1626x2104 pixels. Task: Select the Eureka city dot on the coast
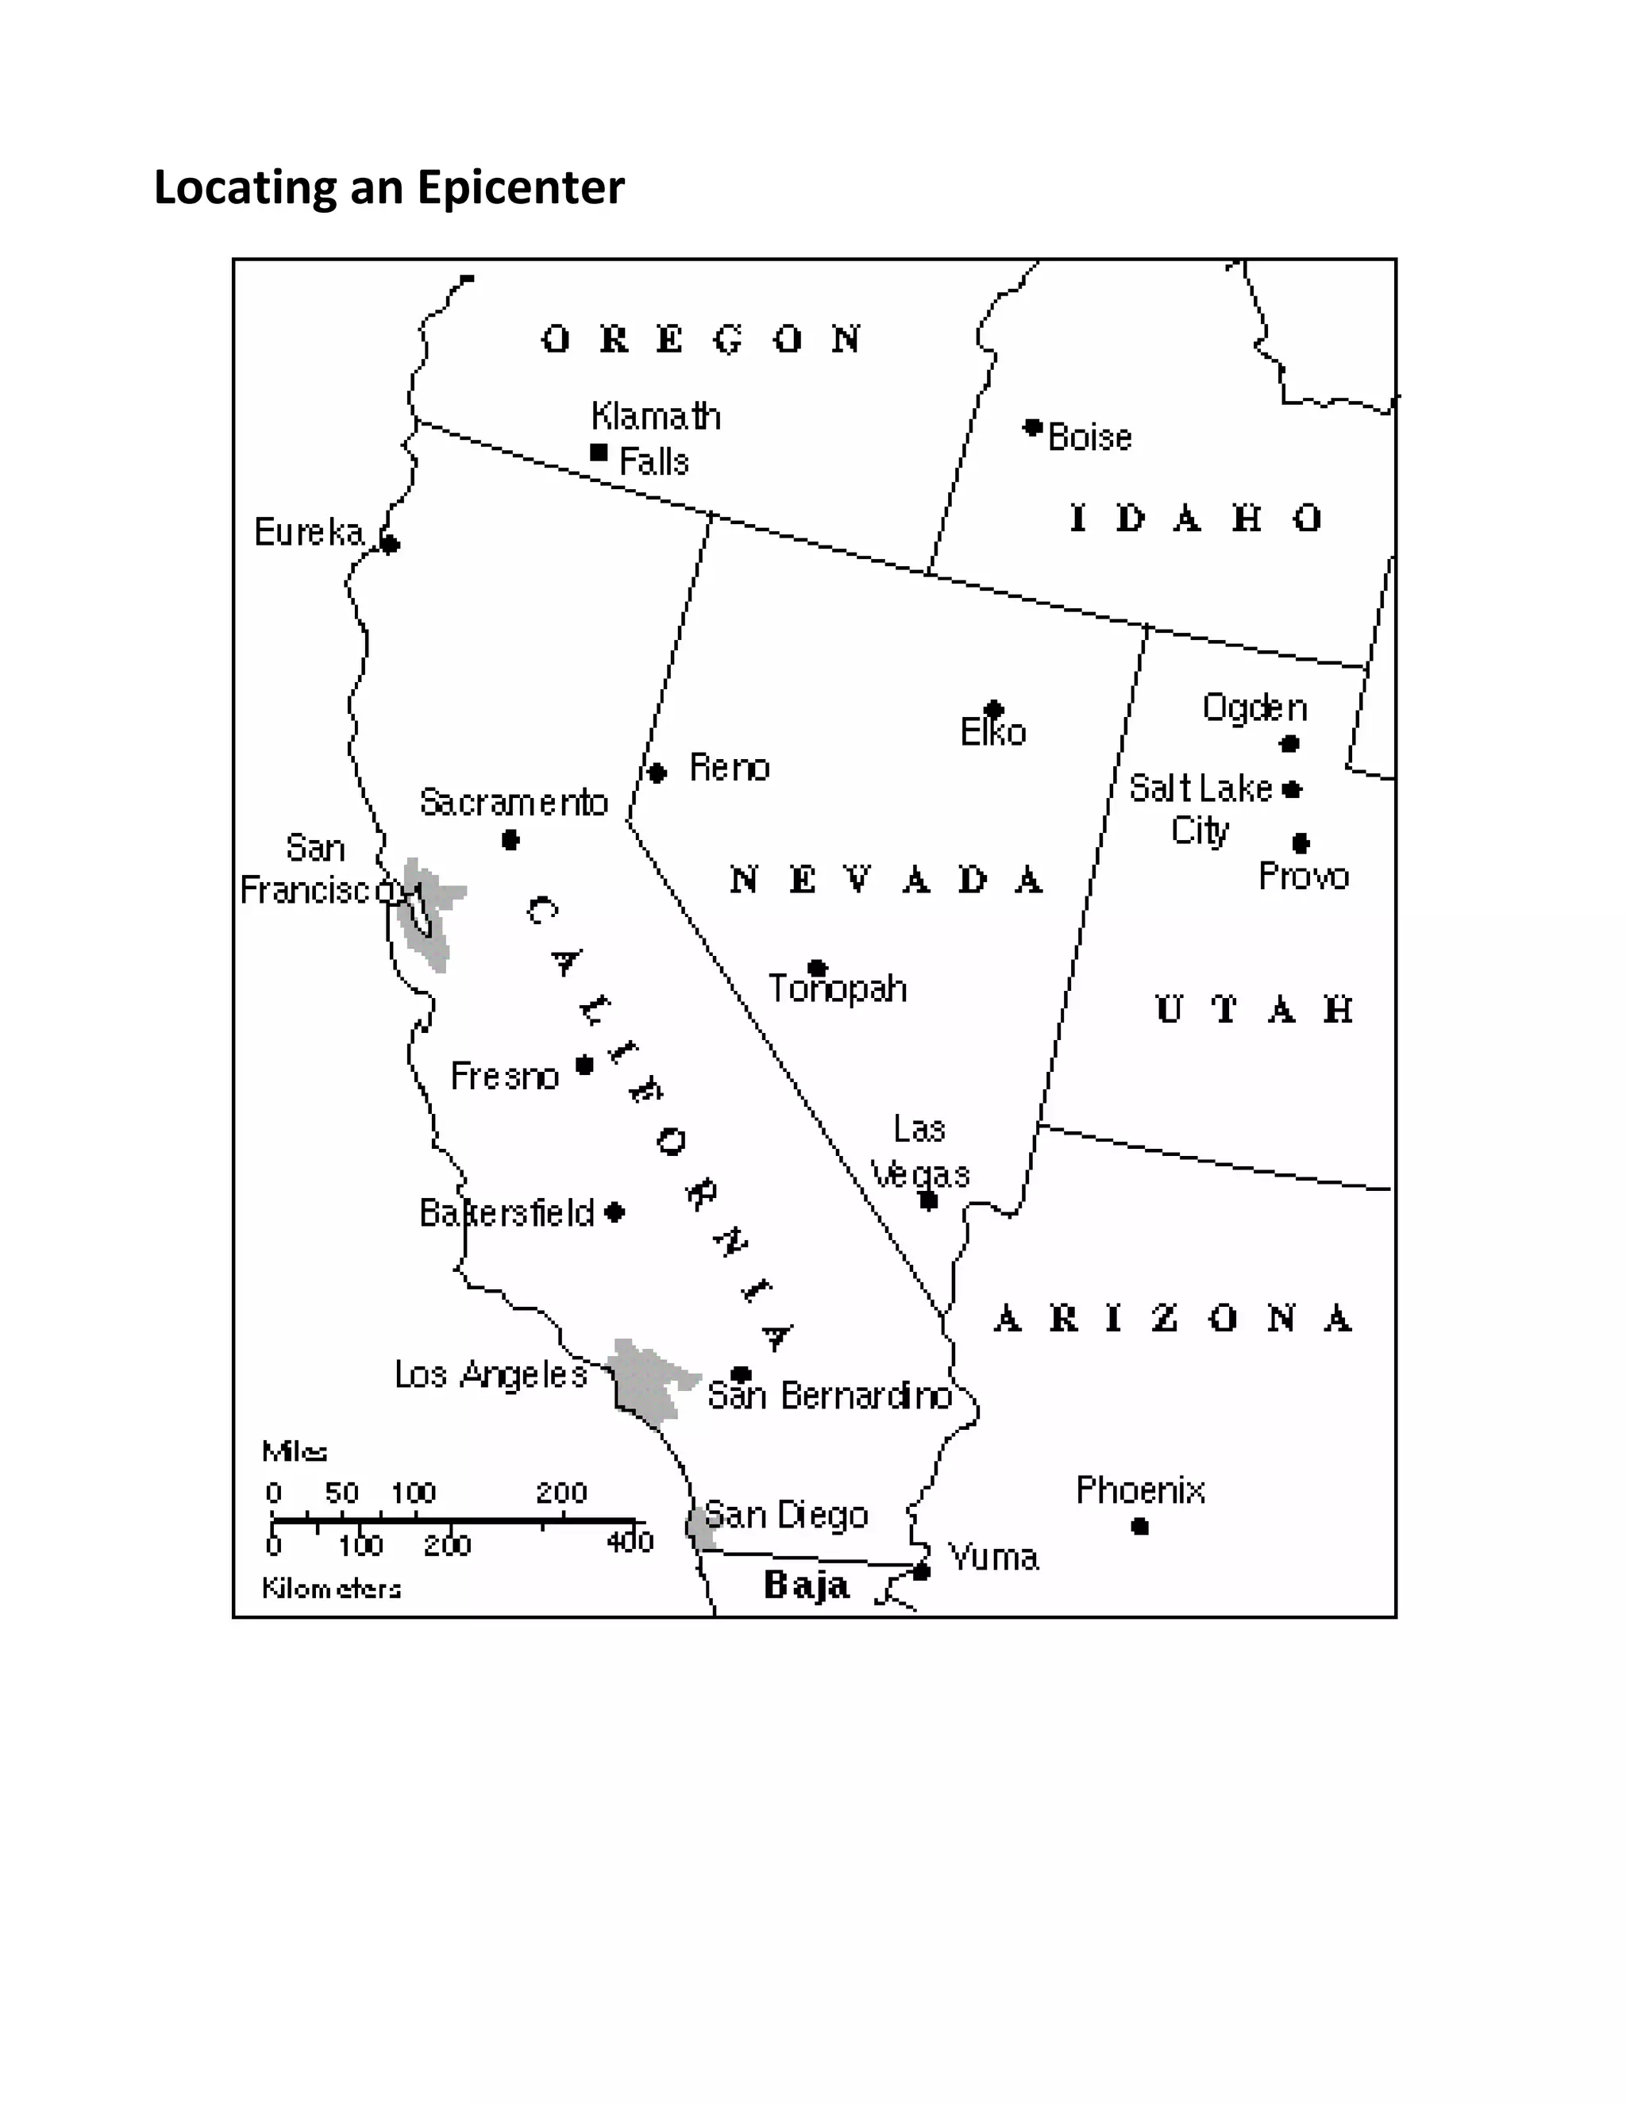pos(390,545)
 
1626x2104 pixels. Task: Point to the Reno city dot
pos(657,773)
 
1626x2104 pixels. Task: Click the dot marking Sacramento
pos(511,841)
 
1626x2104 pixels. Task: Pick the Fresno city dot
pos(584,1065)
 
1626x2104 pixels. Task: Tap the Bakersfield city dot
pos(615,1212)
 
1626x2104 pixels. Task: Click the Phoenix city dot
pos(1139,1526)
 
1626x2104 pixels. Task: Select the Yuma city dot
pos(922,1572)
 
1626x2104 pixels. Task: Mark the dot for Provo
pos(1300,843)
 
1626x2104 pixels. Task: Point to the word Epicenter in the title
pos(520,187)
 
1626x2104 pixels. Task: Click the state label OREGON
pos(701,339)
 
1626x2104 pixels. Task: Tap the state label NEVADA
pos(886,880)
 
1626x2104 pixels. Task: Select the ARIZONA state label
pos(1173,1318)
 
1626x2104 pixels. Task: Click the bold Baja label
pos(807,1585)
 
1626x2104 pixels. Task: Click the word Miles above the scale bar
pos(295,1451)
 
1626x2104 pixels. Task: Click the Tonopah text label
pos(837,988)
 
